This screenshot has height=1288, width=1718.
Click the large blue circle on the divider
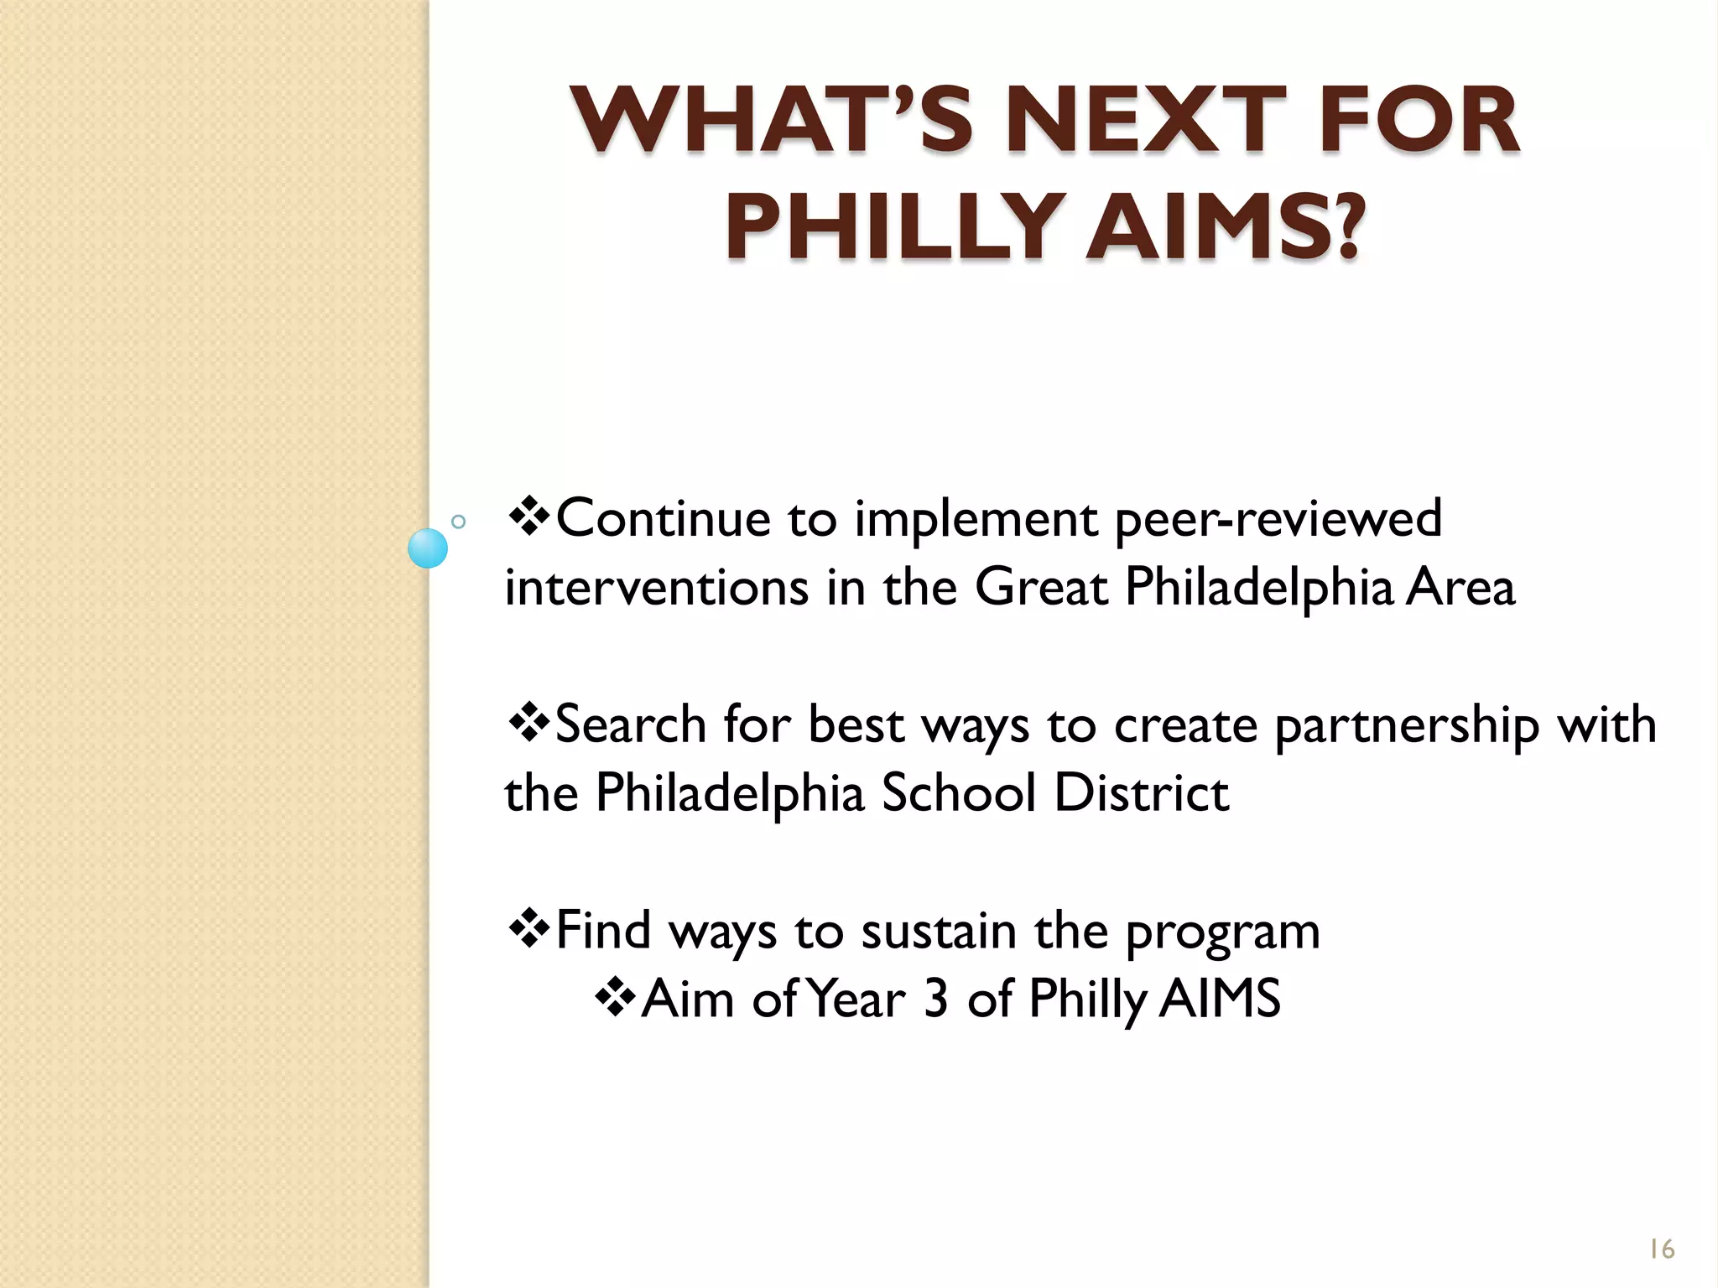428,548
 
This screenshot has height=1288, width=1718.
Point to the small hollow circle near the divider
458,522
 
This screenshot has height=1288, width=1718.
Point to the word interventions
656,587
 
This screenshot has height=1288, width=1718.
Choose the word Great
1040,587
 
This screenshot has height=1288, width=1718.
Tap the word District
1141,792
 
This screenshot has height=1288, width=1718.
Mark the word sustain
938,931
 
